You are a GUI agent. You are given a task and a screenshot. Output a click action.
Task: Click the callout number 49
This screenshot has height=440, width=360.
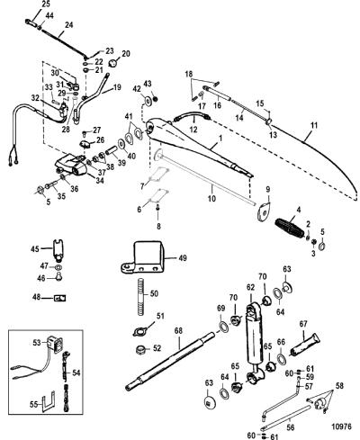click(x=183, y=258)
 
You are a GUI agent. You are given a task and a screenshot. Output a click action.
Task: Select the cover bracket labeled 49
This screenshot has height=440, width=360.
click(x=143, y=257)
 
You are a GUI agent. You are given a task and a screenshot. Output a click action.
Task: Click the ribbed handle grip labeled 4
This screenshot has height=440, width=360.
click(x=292, y=228)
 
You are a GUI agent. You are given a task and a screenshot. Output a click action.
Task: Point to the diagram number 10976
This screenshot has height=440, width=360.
click(x=341, y=427)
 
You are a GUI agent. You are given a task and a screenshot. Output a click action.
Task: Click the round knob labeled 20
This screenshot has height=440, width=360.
click(x=113, y=63)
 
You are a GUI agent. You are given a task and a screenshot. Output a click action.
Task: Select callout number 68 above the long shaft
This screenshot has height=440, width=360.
click(x=178, y=331)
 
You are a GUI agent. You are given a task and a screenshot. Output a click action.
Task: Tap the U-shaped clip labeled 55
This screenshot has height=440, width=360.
click(x=49, y=401)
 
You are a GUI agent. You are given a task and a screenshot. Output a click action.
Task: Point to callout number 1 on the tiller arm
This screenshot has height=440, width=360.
click(x=220, y=139)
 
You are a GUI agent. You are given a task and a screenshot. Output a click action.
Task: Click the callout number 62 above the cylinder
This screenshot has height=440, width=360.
click(x=250, y=287)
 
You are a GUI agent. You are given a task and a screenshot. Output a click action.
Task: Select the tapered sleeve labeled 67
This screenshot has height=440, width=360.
click(x=305, y=345)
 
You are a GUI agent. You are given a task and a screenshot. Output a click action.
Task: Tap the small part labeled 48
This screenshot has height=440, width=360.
click(x=59, y=298)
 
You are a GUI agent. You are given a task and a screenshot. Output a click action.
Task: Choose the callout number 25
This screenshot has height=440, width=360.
click(x=46, y=4)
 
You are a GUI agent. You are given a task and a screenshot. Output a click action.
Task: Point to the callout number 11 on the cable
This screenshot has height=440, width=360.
click(x=314, y=125)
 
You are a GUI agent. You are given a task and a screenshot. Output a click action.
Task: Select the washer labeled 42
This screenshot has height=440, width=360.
click(x=148, y=101)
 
